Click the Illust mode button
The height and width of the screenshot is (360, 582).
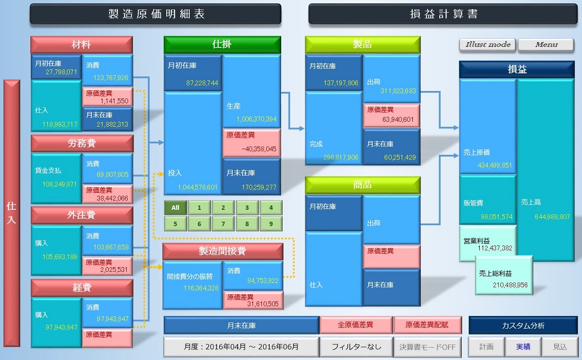point(488,45)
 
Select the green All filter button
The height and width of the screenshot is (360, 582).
point(175,208)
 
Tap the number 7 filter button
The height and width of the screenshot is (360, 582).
point(223,224)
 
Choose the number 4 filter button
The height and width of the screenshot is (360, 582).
point(270,208)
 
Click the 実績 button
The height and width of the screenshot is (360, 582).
point(523,347)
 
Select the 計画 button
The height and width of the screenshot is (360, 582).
point(486,347)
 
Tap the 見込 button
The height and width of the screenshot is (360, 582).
point(560,347)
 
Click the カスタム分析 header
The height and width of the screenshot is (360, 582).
point(523,325)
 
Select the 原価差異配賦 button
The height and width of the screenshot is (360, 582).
point(427,325)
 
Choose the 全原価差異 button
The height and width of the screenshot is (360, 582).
point(356,325)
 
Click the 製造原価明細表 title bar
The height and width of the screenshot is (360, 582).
point(156,14)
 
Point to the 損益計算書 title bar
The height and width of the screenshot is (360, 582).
point(444,14)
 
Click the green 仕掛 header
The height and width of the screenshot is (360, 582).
point(222,45)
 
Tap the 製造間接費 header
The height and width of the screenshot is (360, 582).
point(223,251)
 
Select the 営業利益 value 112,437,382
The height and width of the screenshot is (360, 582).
point(494,248)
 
